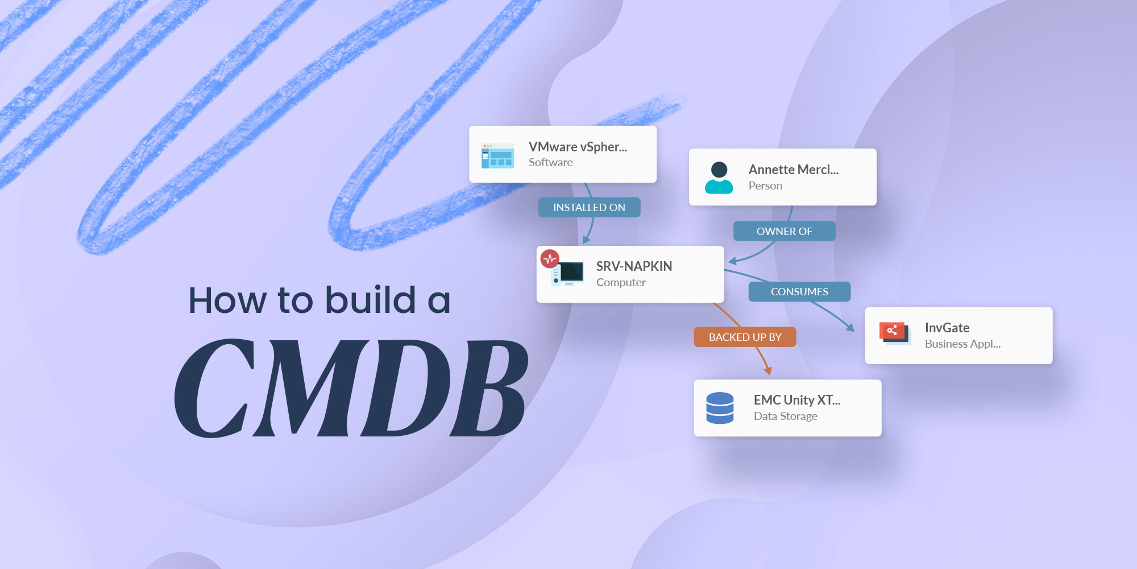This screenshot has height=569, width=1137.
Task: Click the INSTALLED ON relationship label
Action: pyautogui.click(x=589, y=208)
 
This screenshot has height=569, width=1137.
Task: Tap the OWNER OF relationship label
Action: pyautogui.click(x=784, y=232)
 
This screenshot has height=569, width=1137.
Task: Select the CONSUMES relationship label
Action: pyautogui.click(x=799, y=292)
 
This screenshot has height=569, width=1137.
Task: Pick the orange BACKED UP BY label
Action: pyautogui.click(x=745, y=337)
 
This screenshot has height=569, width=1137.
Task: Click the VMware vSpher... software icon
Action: pyautogui.click(x=497, y=155)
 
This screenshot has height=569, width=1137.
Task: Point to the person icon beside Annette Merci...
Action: pyautogui.click(x=719, y=178)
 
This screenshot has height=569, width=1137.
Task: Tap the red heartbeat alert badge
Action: pyautogui.click(x=550, y=259)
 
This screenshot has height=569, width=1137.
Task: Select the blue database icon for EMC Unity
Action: pyautogui.click(x=720, y=408)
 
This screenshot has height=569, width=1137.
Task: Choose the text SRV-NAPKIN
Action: pyautogui.click(x=634, y=266)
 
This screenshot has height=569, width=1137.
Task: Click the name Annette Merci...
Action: pyautogui.click(x=793, y=170)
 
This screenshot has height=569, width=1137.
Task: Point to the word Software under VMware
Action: pyautogui.click(x=550, y=163)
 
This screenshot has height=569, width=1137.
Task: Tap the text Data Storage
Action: pyautogui.click(x=785, y=417)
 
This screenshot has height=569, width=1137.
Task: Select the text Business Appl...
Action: pyautogui.click(x=962, y=344)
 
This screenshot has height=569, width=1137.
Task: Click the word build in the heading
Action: pyautogui.click(x=370, y=300)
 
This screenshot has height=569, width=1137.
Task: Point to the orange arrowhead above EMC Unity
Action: pyautogui.click(x=767, y=371)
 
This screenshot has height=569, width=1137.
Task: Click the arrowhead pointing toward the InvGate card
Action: pyautogui.click(x=850, y=327)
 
